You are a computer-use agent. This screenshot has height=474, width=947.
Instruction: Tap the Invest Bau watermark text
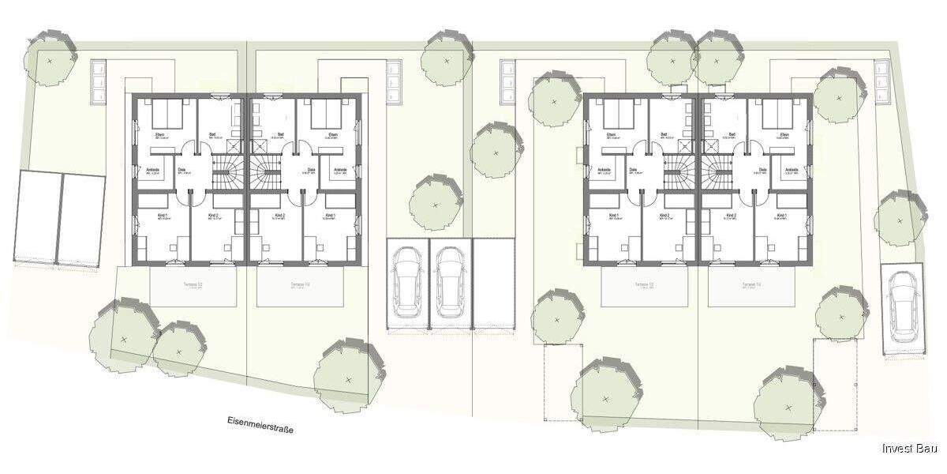909,449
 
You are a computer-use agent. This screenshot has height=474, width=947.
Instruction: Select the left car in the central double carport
408,280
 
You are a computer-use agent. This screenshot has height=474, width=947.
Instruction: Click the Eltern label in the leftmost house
159,135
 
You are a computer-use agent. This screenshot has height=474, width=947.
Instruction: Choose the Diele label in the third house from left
633,170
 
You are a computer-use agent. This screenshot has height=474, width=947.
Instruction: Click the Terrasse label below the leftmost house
193,284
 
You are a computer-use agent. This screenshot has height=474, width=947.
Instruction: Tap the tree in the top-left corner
51,58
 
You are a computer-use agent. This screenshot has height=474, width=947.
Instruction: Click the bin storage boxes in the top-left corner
99,81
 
